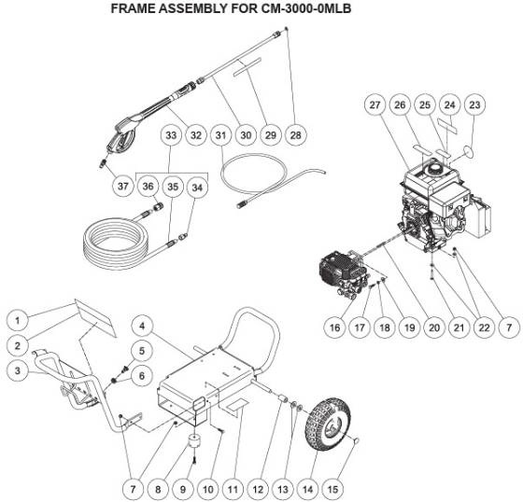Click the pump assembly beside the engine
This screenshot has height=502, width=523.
(339, 271)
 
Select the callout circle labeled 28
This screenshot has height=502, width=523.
(296, 135)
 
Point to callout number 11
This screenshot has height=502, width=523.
(233, 486)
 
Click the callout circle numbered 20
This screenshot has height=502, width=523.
(432, 328)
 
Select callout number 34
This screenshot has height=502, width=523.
(197, 186)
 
